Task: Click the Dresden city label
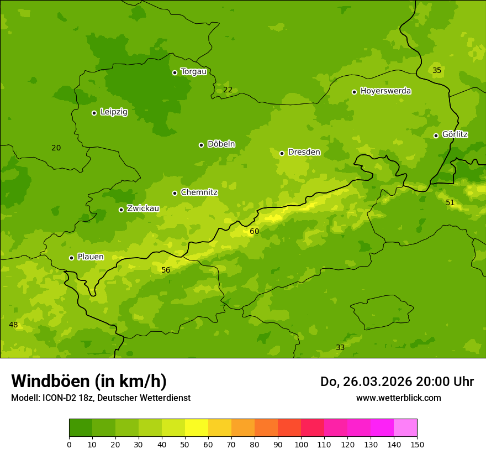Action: tap(304, 152)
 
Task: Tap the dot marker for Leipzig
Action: tap(94, 113)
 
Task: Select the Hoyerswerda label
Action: tap(385, 91)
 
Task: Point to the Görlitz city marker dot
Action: tap(436, 135)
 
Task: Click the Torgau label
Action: tap(193, 72)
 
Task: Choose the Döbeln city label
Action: tap(221, 144)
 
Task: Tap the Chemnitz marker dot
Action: tap(175, 193)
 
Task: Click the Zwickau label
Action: tap(143, 208)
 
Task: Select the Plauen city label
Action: tap(91, 257)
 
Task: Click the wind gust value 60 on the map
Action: tap(254, 231)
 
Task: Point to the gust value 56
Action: tap(166, 270)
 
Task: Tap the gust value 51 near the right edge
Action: tap(450, 202)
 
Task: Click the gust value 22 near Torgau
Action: tap(228, 90)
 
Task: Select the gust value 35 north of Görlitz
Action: tap(437, 70)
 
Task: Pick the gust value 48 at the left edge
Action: tap(13, 325)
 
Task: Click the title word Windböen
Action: tap(50, 381)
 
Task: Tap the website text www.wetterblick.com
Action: tap(398, 398)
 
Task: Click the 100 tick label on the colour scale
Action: tap(301, 444)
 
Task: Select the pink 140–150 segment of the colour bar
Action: tap(405, 428)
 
